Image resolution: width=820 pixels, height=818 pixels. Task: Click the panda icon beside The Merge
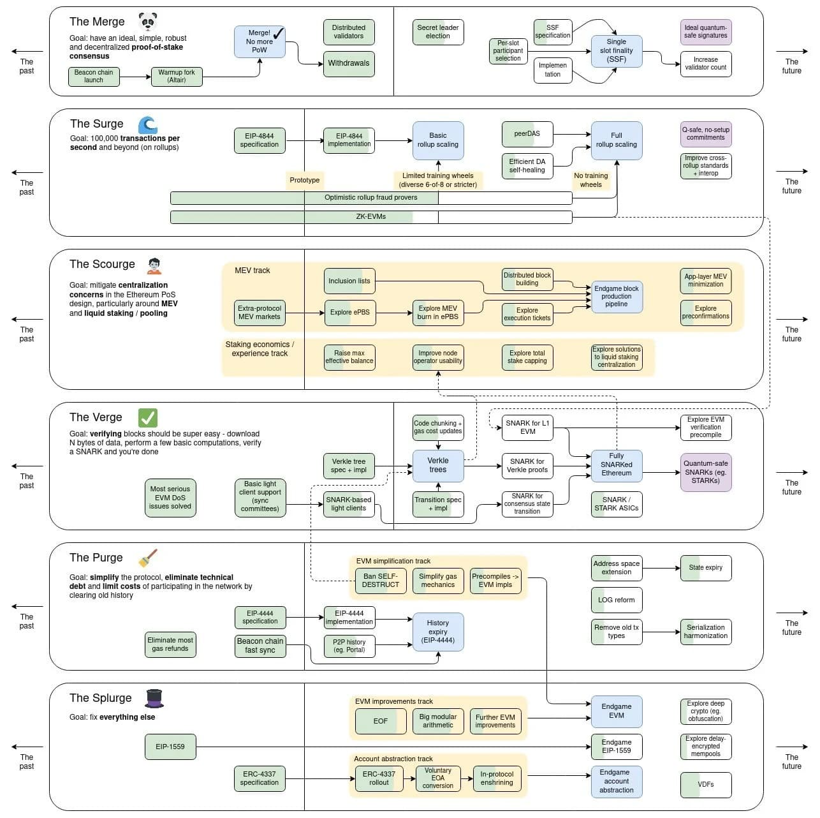click(x=148, y=22)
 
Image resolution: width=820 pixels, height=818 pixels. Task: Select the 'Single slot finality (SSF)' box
click(x=616, y=51)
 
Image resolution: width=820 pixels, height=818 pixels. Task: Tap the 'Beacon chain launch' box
click(x=94, y=77)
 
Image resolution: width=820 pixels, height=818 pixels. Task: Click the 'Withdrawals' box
click(x=348, y=64)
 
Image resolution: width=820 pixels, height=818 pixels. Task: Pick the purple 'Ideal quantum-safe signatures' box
click(x=705, y=32)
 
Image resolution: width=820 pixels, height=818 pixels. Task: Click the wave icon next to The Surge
click(x=147, y=124)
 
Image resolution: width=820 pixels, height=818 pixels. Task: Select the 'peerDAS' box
click(x=527, y=134)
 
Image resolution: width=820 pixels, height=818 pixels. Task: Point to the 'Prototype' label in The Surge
click(x=305, y=181)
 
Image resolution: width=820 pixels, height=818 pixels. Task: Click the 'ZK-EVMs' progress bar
click(x=371, y=217)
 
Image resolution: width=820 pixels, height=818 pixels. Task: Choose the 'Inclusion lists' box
click(x=349, y=281)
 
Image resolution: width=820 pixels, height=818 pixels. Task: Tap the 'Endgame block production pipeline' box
click(x=616, y=297)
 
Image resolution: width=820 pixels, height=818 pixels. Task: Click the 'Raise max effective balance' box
click(x=349, y=357)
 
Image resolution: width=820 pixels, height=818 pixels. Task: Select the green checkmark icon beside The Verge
click(x=147, y=418)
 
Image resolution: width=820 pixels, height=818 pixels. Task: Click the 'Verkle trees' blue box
click(x=437, y=465)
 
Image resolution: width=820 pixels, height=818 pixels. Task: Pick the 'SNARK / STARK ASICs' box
click(x=616, y=504)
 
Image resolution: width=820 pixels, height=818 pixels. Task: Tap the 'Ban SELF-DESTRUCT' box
click(x=380, y=581)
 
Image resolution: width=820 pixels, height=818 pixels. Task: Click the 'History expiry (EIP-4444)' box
click(x=437, y=632)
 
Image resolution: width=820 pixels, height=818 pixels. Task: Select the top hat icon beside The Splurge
click(x=154, y=699)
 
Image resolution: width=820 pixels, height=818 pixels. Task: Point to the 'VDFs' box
click(x=705, y=785)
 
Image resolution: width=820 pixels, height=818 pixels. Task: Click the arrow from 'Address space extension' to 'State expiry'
click(x=661, y=568)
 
